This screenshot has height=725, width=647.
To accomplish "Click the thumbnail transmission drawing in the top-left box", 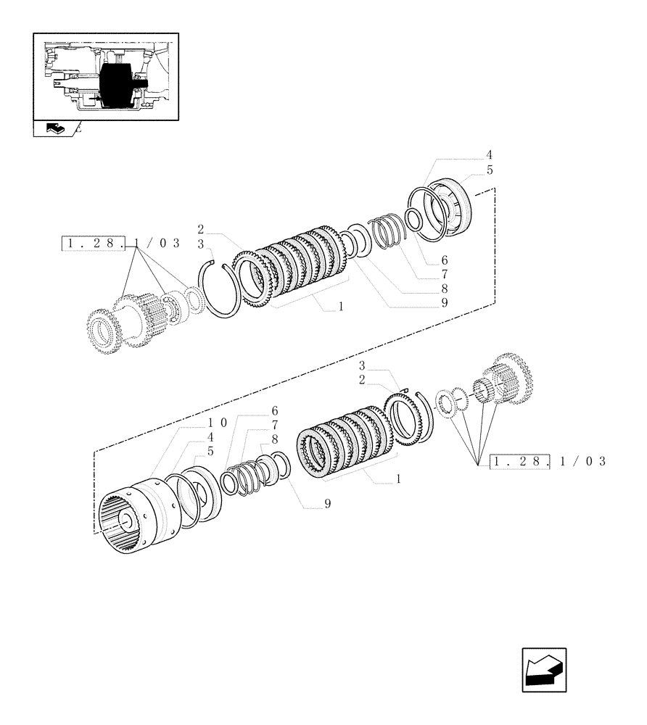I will coord(106,76).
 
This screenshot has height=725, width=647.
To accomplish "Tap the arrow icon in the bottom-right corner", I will coord(544,669).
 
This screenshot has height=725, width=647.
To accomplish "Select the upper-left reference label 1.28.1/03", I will coord(121,244).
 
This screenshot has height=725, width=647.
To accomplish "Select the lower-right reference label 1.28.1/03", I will coord(548,461).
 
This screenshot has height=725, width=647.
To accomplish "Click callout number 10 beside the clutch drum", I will coord(218,422).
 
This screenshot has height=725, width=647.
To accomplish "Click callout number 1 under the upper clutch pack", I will coord(339,307).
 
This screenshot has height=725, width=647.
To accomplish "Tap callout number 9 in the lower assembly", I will coord(328,503).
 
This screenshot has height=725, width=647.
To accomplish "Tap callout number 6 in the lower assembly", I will coord(275,410).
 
